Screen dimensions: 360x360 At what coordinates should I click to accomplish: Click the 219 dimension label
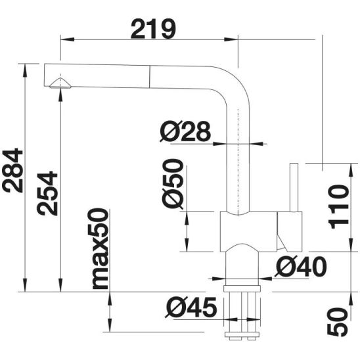(153, 29)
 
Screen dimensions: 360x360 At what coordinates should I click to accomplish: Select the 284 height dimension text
(12, 171)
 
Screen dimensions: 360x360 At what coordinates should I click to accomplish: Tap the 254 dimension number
(47, 194)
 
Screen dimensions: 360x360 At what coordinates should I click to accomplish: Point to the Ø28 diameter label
(185, 131)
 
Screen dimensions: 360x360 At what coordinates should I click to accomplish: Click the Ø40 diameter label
(300, 267)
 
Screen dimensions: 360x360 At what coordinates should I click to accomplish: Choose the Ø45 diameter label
(191, 307)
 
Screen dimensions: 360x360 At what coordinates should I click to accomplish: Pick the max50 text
(99, 248)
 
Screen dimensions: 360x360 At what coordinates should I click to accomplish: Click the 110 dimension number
(338, 207)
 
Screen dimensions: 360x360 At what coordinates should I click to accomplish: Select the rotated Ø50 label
(173, 184)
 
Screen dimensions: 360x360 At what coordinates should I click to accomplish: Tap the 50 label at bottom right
(338, 323)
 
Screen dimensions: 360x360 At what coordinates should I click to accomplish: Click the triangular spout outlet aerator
(60, 83)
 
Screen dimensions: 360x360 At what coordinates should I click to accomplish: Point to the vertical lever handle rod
(294, 187)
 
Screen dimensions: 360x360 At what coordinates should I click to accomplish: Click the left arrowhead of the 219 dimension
(67, 39)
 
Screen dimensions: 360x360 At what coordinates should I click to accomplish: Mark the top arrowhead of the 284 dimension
(25, 71)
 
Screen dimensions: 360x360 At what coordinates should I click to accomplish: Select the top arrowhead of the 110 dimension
(351, 170)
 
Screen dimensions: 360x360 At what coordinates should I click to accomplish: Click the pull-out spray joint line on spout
(150, 76)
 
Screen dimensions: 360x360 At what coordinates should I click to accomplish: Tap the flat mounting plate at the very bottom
(242, 334)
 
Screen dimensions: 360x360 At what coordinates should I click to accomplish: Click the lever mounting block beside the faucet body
(289, 231)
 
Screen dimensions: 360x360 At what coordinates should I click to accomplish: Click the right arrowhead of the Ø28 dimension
(256, 144)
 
